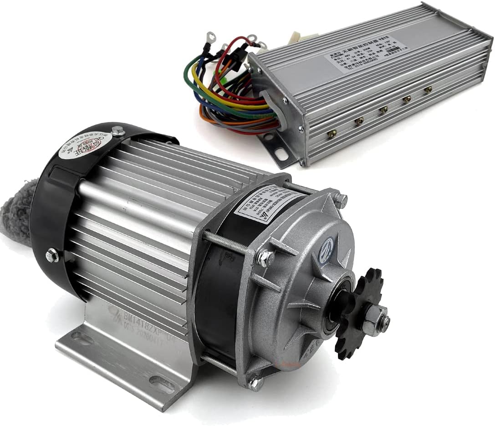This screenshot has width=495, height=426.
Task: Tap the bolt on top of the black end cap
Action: point(117,132)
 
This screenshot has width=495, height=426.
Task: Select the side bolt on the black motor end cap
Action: point(52,256)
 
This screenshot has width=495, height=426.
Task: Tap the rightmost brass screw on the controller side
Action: point(428,90)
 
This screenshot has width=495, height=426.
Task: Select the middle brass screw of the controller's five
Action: point(384,109)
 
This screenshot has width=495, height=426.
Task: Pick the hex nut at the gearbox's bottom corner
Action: point(255,384)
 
